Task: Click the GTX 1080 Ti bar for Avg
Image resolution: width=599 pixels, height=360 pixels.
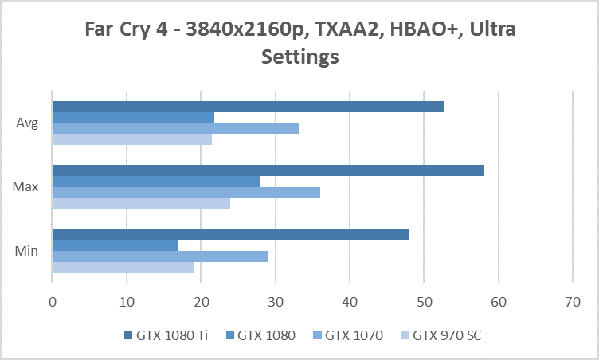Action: [248, 107]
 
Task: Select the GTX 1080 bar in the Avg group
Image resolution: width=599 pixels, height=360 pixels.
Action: [133, 117]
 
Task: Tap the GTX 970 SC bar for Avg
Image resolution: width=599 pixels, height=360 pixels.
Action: [132, 139]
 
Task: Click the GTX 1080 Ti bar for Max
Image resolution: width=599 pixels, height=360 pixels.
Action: [268, 170]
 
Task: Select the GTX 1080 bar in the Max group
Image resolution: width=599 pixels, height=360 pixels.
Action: [156, 182]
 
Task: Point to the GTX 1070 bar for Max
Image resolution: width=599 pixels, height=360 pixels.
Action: [186, 192]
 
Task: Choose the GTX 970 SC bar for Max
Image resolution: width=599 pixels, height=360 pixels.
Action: [141, 203]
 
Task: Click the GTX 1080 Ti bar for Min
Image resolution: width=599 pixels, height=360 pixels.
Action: [230, 234]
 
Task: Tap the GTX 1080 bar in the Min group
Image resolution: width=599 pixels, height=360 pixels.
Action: [115, 245]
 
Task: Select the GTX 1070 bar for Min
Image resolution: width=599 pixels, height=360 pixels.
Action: [159, 256]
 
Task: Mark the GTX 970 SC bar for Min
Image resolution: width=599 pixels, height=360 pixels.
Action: [123, 268]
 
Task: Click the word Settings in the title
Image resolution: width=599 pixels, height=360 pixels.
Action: [299, 57]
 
